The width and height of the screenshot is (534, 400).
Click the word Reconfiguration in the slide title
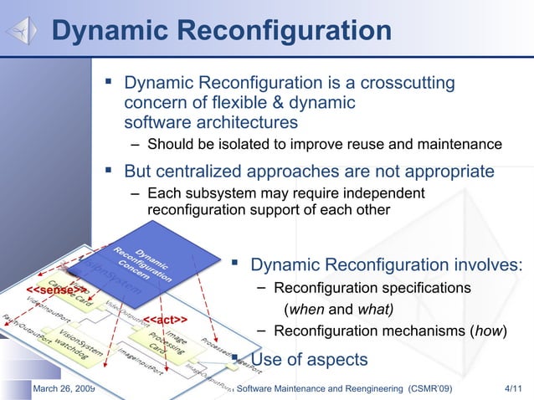285,31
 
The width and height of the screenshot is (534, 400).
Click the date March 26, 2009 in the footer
63,388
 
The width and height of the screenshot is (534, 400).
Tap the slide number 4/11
511,388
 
